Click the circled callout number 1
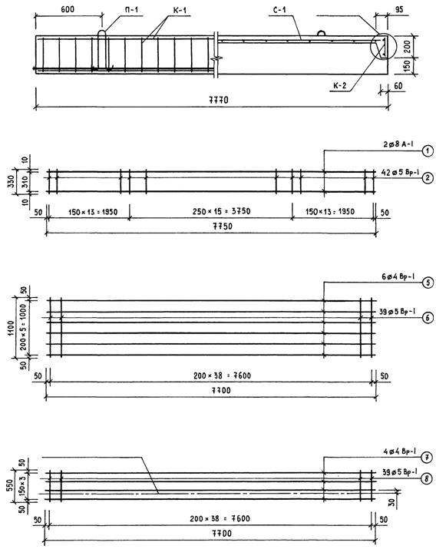pos(428,151)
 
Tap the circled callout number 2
pos(428,178)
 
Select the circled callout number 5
pos(428,283)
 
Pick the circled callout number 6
pos(428,318)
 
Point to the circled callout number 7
pos(426,458)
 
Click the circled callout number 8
pos(426,478)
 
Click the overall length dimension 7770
pos(219,100)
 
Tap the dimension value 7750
pos(223,227)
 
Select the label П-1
pos(131,9)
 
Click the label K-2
pos(340,85)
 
